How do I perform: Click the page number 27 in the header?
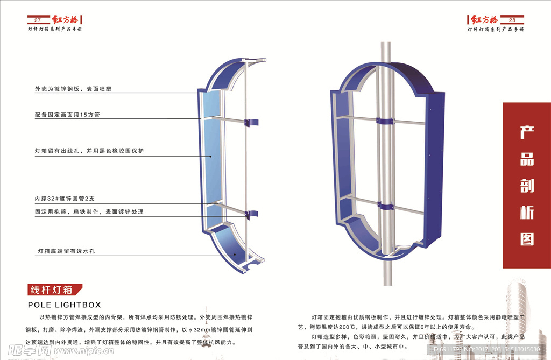pyautogui.click(x=38, y=20)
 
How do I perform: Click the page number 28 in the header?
pyautogui.click(x=512, y=20)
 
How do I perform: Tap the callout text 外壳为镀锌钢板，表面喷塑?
pyautogui.click(x=73, y=89)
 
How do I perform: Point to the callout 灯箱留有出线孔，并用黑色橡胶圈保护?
pyautogui.click(x=89, y=151)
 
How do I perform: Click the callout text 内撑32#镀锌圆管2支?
pyautogui.click(x=64, y=199)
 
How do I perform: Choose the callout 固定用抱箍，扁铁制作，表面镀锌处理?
pyautogui.click(x=89, y=212)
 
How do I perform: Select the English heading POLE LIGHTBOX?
pyautogui.click(x=64, y=305)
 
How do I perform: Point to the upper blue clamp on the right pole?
pyautogui.click(x=384, y=122)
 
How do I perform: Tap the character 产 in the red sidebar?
pyautogui.click(x=527, y=133)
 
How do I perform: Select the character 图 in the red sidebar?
pyautogui.click(x=527, y=238)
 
